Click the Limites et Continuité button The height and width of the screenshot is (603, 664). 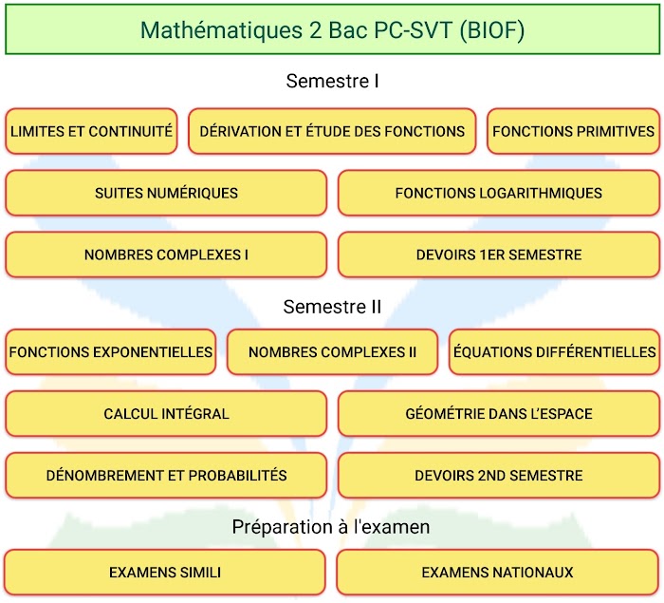point(91,131)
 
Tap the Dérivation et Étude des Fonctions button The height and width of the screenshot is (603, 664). point(332,131)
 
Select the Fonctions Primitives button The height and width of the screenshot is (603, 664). point(573,131)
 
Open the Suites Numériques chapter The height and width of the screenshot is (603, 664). point(166,193)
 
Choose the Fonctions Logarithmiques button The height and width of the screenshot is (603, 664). point(499,193)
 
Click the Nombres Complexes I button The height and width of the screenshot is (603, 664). point(166,254)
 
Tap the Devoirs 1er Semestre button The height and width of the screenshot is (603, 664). point(499,254)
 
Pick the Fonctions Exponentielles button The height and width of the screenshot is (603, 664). point(111,352)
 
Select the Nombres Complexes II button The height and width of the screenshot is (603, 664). point(332,352)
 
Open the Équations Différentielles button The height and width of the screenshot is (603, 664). point(554,352)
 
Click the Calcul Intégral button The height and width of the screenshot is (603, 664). point(166,413)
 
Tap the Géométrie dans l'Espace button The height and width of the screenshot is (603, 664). point(499,413)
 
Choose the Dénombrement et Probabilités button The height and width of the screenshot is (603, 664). point(166,476)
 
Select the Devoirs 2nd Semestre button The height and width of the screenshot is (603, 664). point(499,476)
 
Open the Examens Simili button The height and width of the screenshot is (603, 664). point(165,573)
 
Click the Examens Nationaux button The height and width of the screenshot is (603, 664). point(498,573)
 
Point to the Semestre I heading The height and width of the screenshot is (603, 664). point(332,81)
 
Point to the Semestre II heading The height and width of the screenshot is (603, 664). point(332,307)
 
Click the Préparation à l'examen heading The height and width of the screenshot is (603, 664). point(331,527)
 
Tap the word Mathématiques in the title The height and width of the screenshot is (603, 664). point(221,30)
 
